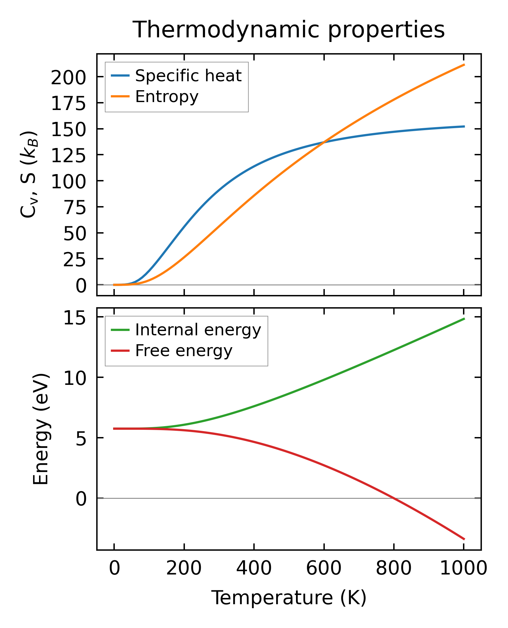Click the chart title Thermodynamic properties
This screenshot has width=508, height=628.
coord(288,30)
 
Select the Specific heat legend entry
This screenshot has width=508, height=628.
coord(188,76)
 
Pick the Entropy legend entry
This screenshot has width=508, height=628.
coord(167,96)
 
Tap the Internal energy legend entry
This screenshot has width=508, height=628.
coord(198,330)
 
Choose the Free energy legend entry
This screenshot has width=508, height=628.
coord(184,351)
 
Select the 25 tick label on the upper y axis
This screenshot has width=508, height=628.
coord(74,260)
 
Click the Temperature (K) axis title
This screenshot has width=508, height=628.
coord(289,598)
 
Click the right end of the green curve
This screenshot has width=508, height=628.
coord(464,319)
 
